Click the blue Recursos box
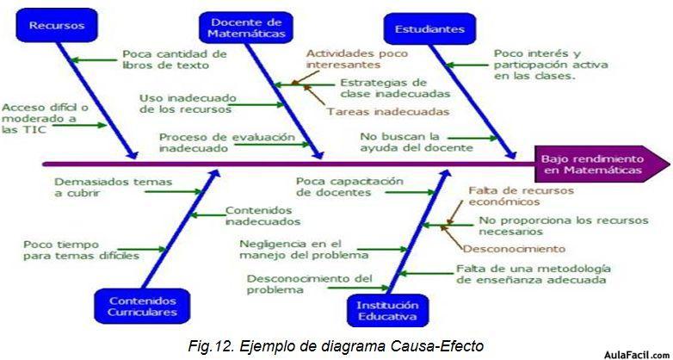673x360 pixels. pyautogui.click(x=56, y=25)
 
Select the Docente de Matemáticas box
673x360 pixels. pyautogui.click(x=243, y=28)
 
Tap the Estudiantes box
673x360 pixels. pyautogui.click(x=429, y=28)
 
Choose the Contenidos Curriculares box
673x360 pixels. pyautogui.click(x=142, y=306)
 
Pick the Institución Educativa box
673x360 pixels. pyautogui.click(x=387, y=311)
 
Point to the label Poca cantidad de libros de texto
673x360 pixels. pyautogui.click(x=175, y=59)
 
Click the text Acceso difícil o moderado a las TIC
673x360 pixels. pyautogui.click(x=45, y=119)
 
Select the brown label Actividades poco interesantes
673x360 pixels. pyautogui.click(x=356, y=59)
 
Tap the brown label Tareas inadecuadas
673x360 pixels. pyautogui.click(x=388, y=112)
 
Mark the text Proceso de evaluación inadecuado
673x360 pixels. pyautogui.click(x=227, y=143)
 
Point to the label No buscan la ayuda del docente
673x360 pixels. pyautogui.click(x=417, y=142)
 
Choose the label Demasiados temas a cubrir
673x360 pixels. pyautogui.click(x=114, y=187)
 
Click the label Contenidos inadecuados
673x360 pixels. pyautogui.click(x=262, y=216)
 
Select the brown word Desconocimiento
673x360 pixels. pyautogui.click(x=514, y=248)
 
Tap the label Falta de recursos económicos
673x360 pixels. pyautogui.click(x=521, y=196)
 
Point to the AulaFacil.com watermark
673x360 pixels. pyautogui.click(x=637, y=355)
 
